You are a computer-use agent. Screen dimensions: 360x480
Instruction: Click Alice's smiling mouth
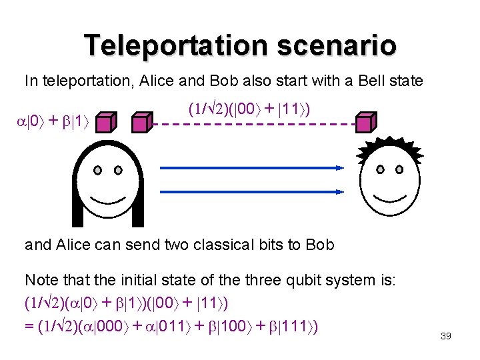(x=107, y=197)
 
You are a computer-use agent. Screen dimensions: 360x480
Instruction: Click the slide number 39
(x=446, y=336)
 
